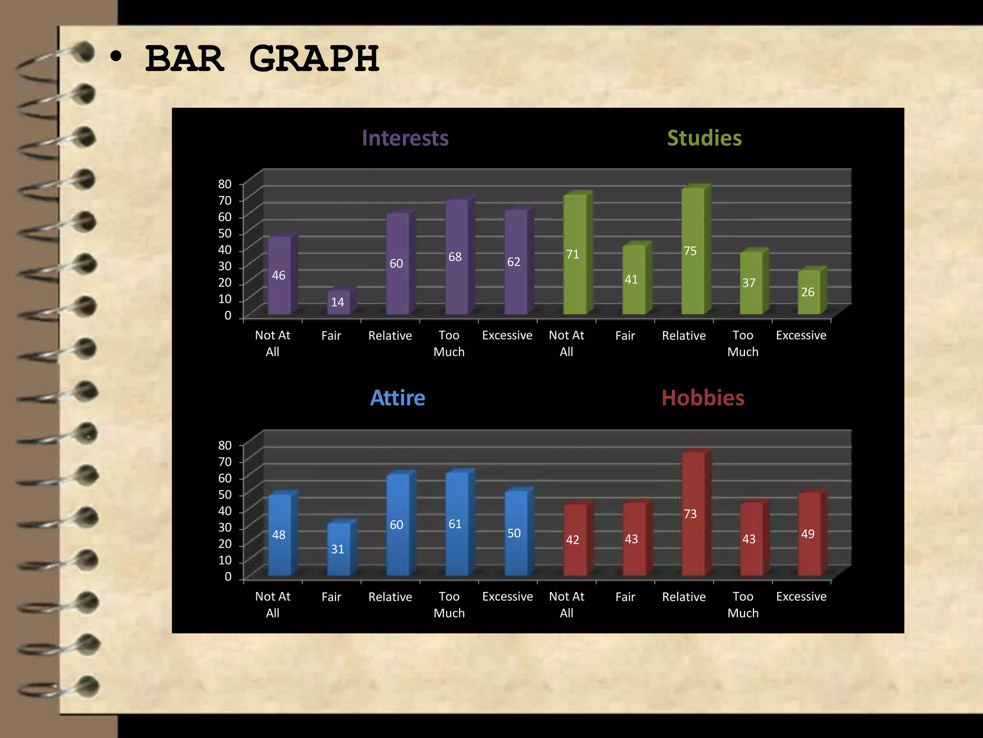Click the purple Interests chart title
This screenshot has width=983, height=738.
(405, 138)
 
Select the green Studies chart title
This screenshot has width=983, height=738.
(704, 138)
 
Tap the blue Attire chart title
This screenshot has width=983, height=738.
(397, 398)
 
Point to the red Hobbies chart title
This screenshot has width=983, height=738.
(703, 398)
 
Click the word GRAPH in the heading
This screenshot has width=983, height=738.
(314, 59)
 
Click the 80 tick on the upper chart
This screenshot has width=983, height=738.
(225, 184)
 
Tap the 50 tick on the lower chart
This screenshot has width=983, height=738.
(225, 494)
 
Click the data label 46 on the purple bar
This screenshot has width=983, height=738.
(278, 275)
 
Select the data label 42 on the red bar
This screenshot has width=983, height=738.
(573, 540)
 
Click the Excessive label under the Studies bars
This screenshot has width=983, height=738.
(801, 335)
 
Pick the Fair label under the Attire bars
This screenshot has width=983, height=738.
(331, 597)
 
